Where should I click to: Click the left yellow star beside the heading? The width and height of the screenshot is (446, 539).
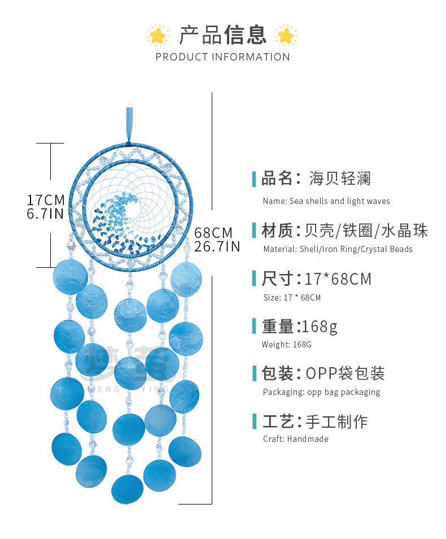158,36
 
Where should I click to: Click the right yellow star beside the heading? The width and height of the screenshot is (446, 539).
286,36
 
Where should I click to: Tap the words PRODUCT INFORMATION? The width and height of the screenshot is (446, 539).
222,57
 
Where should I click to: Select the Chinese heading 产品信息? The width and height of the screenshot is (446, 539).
222,35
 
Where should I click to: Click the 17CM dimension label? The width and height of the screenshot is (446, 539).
46,200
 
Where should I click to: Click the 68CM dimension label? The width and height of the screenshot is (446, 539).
213,233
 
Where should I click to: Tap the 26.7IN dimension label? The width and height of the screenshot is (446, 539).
217,246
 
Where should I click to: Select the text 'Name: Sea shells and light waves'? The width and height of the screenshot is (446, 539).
326,201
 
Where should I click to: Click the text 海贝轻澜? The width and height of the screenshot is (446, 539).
340,179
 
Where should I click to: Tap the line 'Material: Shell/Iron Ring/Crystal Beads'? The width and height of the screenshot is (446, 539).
338,249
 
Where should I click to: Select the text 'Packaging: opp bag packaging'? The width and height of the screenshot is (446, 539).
321,392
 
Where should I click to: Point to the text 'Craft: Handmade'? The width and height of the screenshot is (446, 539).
295,439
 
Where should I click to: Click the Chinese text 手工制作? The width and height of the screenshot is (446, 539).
336,421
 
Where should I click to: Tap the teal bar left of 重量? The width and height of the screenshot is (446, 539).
255,327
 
